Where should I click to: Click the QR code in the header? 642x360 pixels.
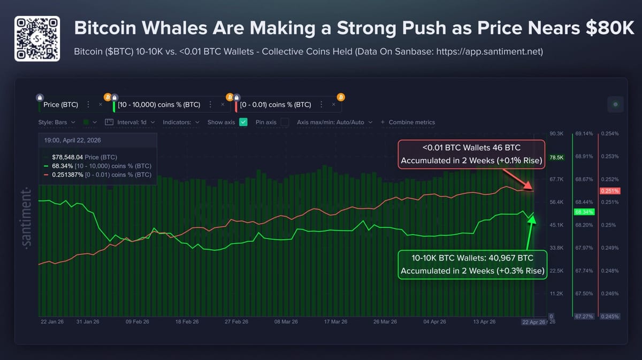point(37,39)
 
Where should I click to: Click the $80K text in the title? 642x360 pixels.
point(609,28)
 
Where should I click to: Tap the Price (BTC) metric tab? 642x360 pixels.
point(60,105)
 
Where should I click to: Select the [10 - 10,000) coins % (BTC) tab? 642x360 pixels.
point(159,105)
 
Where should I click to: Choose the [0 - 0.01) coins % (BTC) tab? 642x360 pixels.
point(276,105)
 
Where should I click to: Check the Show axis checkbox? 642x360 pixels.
point(243,122)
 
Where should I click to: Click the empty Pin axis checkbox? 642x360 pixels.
point(285,122)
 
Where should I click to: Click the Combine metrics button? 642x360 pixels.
point(408,122)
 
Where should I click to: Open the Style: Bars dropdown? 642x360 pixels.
point(57,122)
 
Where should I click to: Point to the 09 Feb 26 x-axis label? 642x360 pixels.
point(137,321)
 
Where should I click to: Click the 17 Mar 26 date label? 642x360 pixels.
point(335,321)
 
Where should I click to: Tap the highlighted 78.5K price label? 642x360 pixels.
point(556,157)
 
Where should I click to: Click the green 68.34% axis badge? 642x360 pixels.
point(584,212)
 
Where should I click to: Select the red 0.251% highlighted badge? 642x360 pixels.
point(610,191)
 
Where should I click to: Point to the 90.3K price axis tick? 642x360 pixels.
point(556,134)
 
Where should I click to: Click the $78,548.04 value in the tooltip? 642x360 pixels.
point(67,157)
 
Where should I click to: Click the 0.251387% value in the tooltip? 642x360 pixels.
point(67,175)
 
